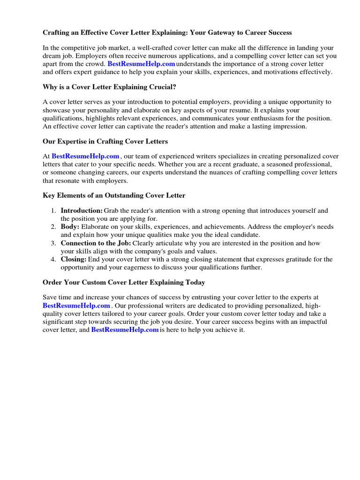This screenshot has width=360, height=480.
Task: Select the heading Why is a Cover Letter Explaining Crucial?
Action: (110, 87)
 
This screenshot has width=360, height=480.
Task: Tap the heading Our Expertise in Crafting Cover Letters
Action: (105, 141)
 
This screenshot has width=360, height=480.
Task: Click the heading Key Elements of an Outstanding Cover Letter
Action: (114, 195)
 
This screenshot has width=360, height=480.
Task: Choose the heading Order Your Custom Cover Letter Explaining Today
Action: (124, 283)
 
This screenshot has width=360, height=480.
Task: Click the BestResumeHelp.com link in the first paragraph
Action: (141, 64)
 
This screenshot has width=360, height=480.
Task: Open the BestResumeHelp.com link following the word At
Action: (85, 157)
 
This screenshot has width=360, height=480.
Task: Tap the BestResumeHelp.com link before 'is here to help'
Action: (125, 330)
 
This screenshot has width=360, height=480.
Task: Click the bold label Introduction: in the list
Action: (82, 211)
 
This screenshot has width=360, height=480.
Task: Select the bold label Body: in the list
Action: (70, 227)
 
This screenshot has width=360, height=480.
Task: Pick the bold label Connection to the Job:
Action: (96, 243)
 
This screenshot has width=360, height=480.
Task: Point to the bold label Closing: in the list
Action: (74, 259)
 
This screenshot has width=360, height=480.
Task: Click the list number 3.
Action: (54, 243)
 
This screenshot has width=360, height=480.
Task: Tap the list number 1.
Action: (54, 211)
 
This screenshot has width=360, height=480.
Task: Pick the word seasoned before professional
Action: (275, 165)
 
